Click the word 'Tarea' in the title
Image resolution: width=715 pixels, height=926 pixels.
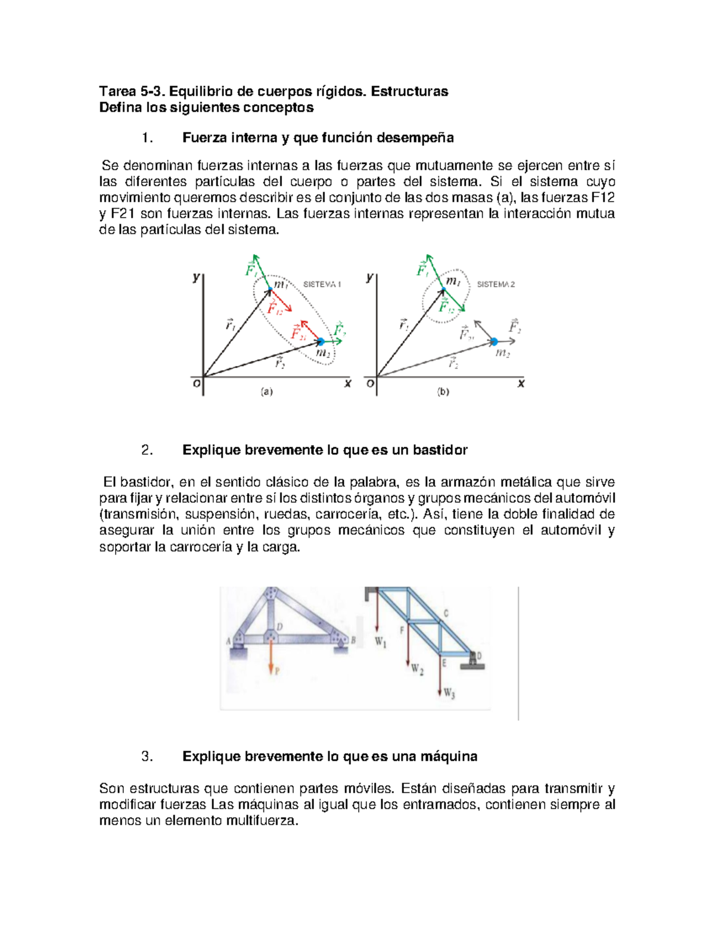click(117, 91)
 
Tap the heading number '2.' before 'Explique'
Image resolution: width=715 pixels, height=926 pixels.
click(147, 450)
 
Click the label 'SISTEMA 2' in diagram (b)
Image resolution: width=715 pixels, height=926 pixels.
click(496, 284)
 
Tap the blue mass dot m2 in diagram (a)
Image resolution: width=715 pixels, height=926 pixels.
click(321, 342)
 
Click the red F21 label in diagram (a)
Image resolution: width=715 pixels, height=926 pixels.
click(299, 334)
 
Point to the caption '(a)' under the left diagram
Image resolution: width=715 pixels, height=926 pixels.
click(266, 392)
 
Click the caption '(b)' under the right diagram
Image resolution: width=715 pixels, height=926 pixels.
click(443, 392)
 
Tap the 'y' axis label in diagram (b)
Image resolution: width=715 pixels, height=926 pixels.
click(370, 277)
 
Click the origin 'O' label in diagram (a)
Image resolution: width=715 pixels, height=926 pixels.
click(196, 383)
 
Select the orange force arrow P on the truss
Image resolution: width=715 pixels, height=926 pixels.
click(271, 659)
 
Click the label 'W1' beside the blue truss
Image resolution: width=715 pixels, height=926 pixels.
click(381, 642)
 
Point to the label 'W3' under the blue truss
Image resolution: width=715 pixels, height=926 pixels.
click(449, 693)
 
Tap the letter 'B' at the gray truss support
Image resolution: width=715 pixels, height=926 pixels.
click(353, 640)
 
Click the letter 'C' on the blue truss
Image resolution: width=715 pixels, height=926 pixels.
click(446, 613)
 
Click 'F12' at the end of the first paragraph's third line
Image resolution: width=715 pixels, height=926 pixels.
click(602, 198)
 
